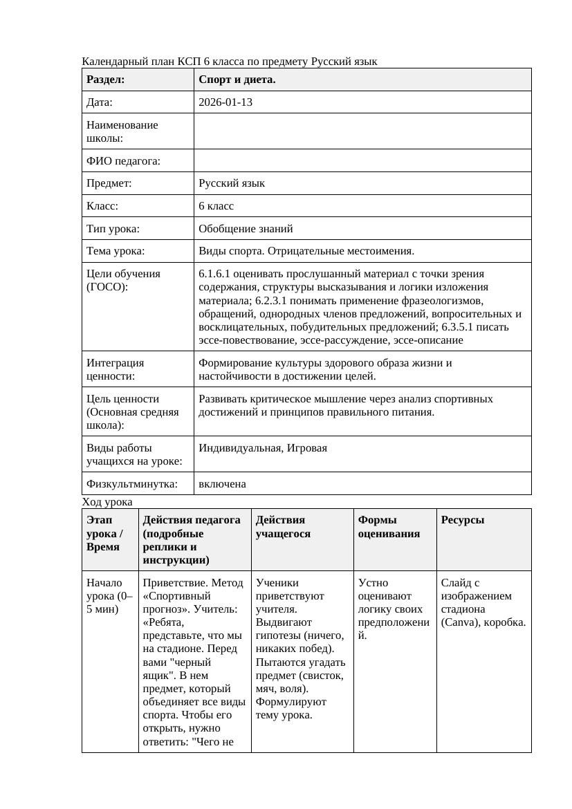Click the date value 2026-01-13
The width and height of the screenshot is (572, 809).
[x=225, y=102]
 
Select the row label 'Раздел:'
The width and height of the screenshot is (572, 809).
[x=106, y=80]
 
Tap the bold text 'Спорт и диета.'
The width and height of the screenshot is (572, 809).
[x=237, y=80]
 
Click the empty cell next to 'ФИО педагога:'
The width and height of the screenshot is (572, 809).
[x=362, y=161]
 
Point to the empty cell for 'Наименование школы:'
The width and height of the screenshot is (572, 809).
[x=362, y=131]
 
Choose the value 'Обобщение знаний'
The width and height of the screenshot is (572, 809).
[x=246, y=228]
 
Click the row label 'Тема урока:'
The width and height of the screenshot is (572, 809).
[x=116, y=251]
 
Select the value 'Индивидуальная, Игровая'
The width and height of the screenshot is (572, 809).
[x=263, y=447]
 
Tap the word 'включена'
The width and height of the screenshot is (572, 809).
[x=222, y=484]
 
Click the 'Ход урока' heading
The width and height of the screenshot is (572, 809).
[x=107, y=502]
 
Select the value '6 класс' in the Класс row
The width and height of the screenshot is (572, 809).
[x=216, y=206]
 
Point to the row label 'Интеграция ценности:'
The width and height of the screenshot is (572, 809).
[x=115, y=369]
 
